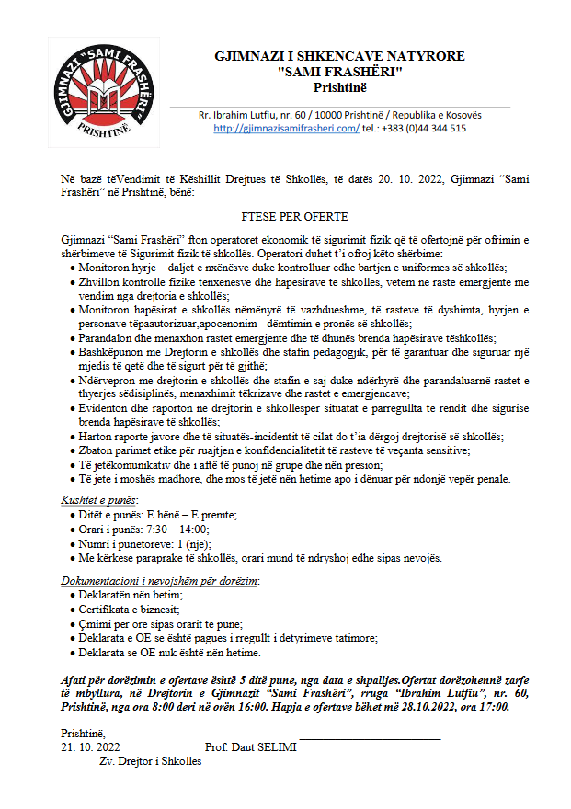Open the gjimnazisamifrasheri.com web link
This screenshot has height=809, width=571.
286,129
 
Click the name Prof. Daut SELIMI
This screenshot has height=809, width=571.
251,747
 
